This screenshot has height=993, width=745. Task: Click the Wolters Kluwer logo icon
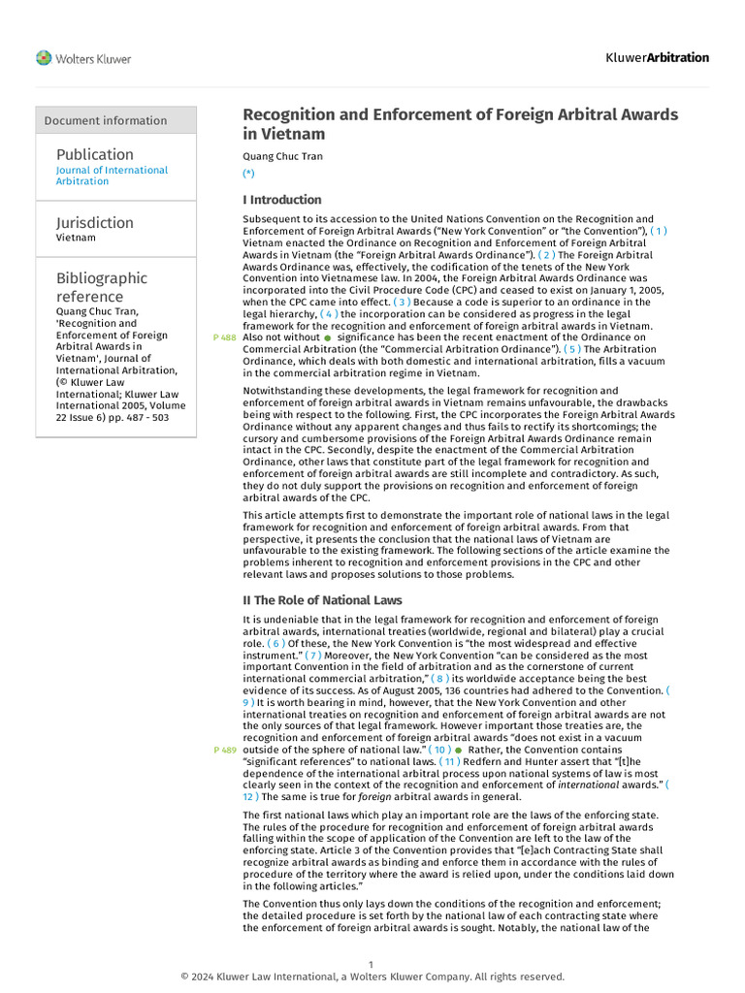pyautogui.click(x=44, y=58)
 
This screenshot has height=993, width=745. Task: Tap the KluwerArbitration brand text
pyautogui.click(x=657, y=57)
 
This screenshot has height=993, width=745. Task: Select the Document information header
pyautogui.click(x=106, y=120)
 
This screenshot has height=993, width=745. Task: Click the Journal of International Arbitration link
pyautogui.click(x=112, y=176)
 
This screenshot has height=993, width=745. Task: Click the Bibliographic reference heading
pyautogui.click(x=102, y=287)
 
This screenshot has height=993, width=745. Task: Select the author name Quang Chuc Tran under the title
pyautogui.click(x=282, y=156)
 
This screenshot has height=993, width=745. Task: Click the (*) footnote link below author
pyautogui.click(x=248, y=174)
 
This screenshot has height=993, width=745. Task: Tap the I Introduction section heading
pyautogui.click(x=281, y=200)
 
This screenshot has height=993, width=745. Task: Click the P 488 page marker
pyautogui.click(x=224, y=336)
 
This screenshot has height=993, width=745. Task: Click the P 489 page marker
pyautogui.click(x=224, y=751)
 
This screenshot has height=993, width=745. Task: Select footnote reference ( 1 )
pyautogui.click(x=659, y=231)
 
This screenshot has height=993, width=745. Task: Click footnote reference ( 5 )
pyautogui.click(x=573, y=349)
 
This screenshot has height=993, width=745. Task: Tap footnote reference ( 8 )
pyautogui.click(x=442, y=680)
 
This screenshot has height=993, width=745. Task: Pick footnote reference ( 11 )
pyautogui.click(x=451, y=762)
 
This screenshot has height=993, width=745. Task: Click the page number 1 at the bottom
pyautogui.click(x=372, y=964)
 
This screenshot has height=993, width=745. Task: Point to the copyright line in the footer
pyautogui.click(x=372, y=977)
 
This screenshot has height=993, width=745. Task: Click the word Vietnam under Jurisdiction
pyautogui.click(x=76, y=238)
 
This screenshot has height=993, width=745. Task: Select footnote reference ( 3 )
pyautogui.click(x=402, y=302)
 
